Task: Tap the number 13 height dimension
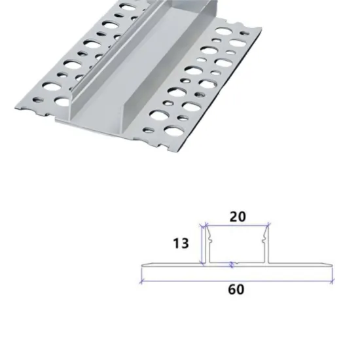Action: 181,243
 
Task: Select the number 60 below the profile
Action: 237,289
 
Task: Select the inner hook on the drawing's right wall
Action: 264,238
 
